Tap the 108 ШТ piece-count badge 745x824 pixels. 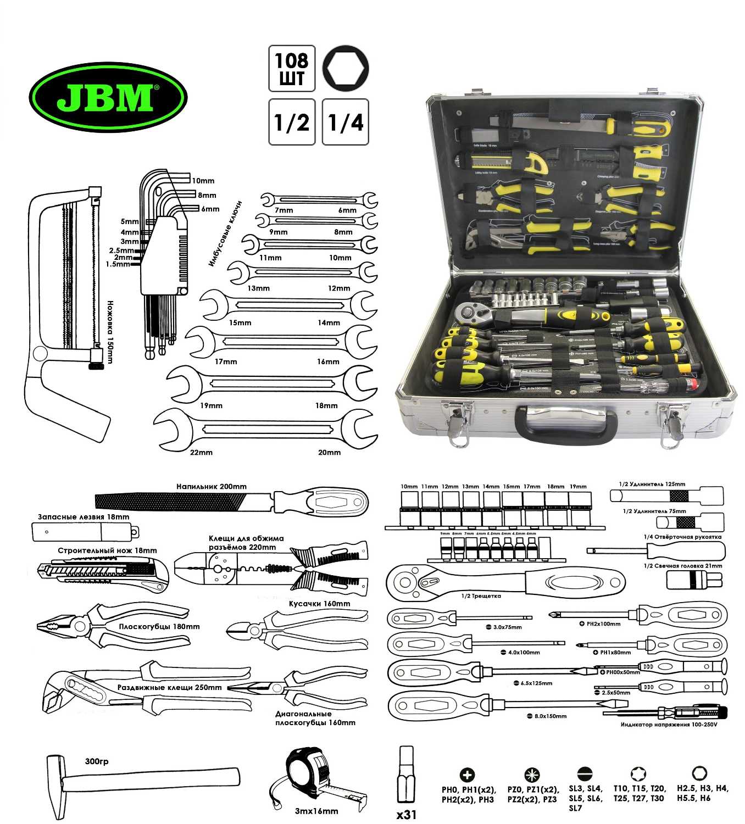pyautogui.click(x=292, y=68)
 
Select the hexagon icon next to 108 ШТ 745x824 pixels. pyautogui.click(x=346, y=68)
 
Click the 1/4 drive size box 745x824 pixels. pyautogui.click(x=346, y=122)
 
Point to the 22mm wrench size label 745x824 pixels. pyautogui.click(x=201, y=452)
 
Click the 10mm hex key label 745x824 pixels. pyautogui.click(x=203, y=181)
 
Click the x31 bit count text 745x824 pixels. pyautogui.click(x=407, y=815)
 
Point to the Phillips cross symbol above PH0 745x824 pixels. pyautogui.click(x=467, y=775)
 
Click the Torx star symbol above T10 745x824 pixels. pyautogui.click(x=638, y=775)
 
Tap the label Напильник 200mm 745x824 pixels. pyautogui.click(x=212, y=486)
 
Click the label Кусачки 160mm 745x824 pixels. pyautogui.click(x=320, y=603)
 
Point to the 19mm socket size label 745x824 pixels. pyautogui.click(x=578, y=486)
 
